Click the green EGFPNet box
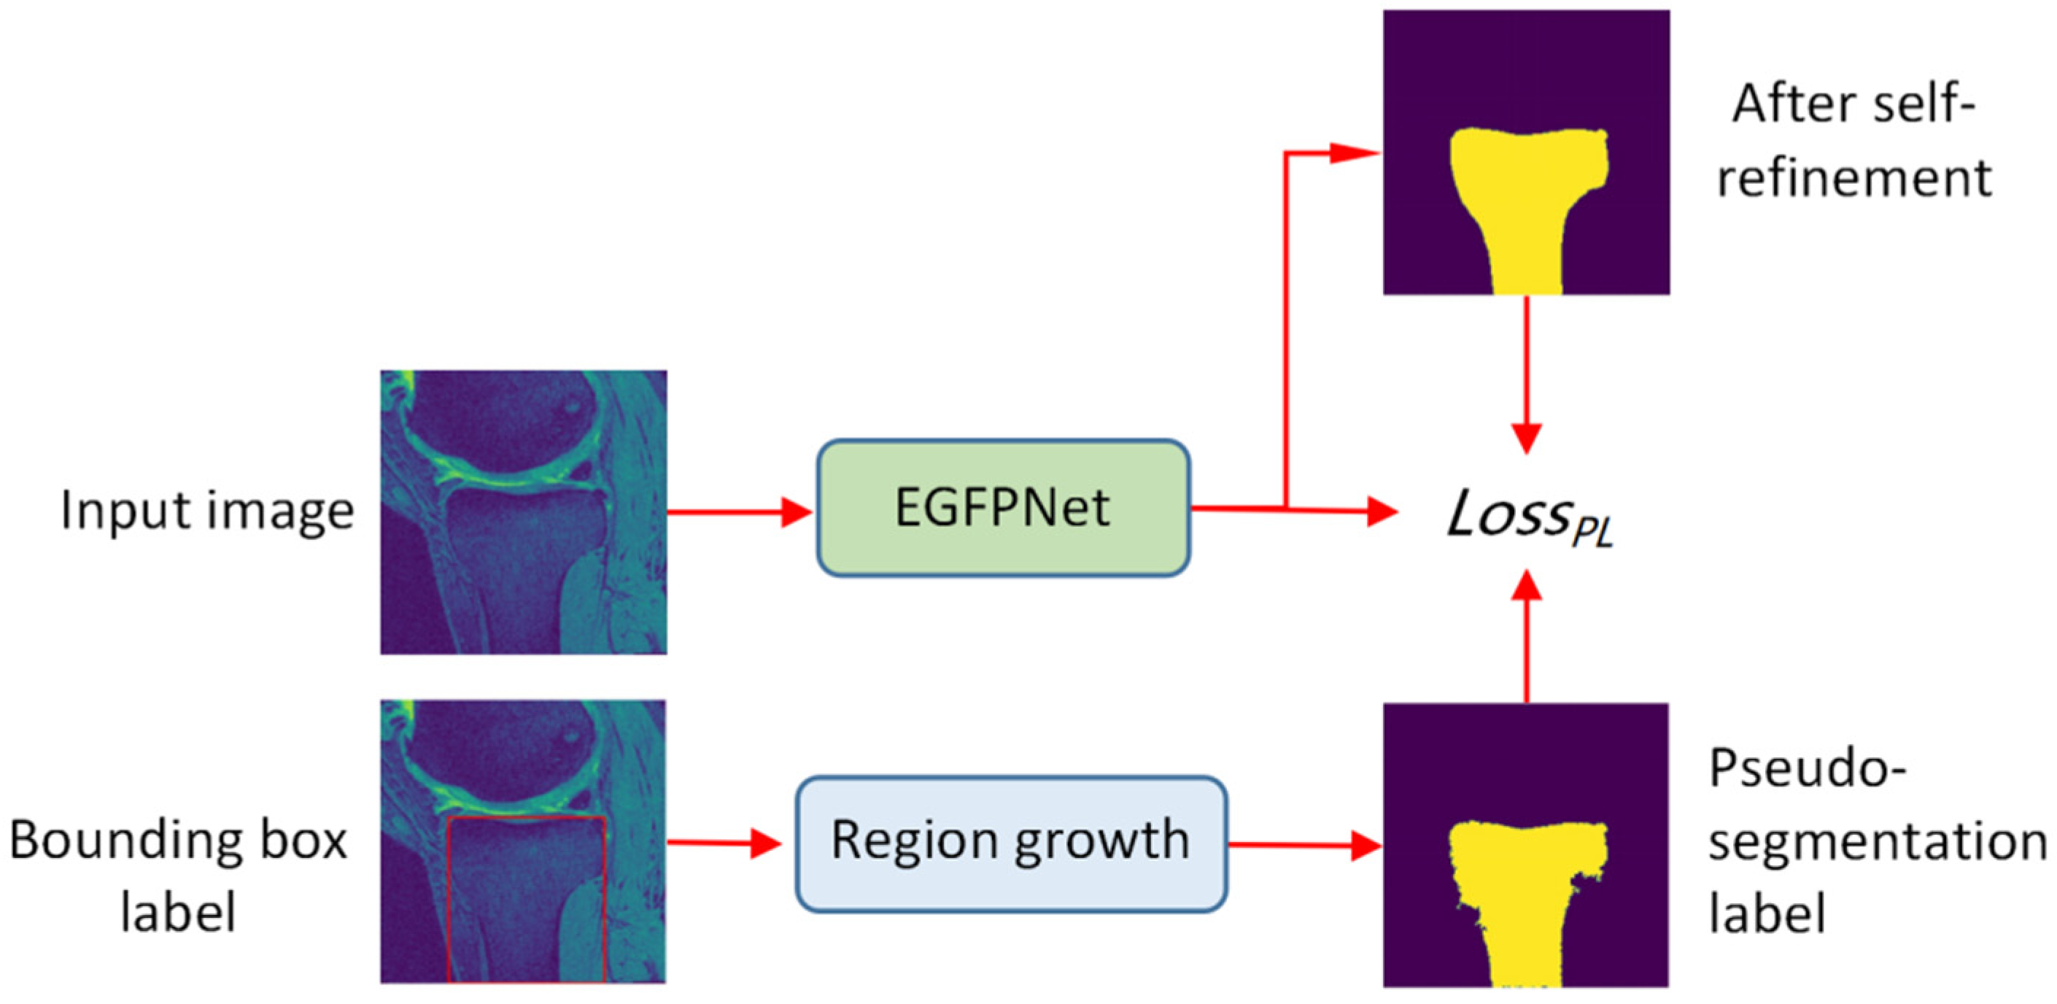tap(1003, 507)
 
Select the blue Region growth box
tap(1011, 843)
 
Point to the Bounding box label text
tap(178, 876)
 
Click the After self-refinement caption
tap(1854, 141)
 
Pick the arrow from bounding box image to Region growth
tap(724, 843)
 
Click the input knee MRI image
tap(523, 512)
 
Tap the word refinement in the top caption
tap(1854, 177)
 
